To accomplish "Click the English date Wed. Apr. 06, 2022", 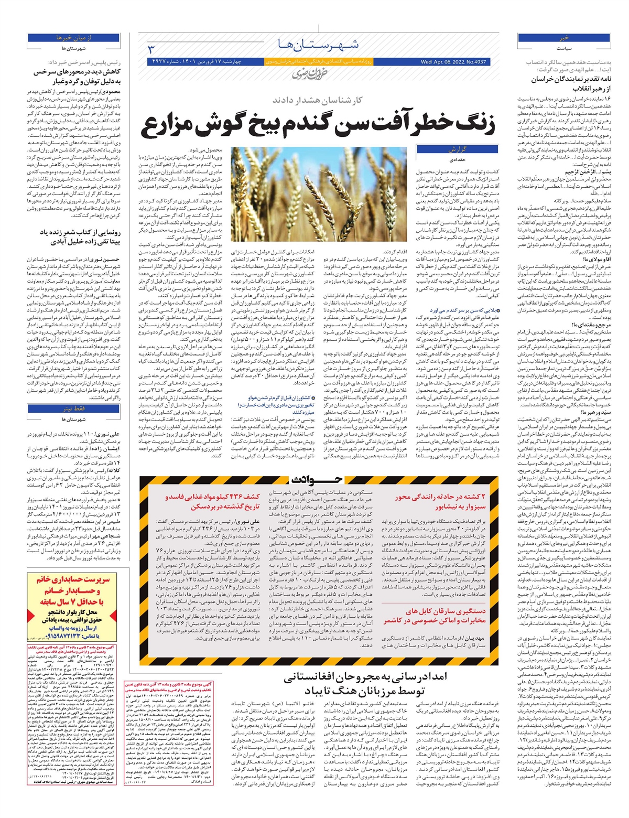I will coord(453,62).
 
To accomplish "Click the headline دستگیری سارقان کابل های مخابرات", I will coord(435,616).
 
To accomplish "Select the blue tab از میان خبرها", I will coord(73,38).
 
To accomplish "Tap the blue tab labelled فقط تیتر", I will coord(73,408).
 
